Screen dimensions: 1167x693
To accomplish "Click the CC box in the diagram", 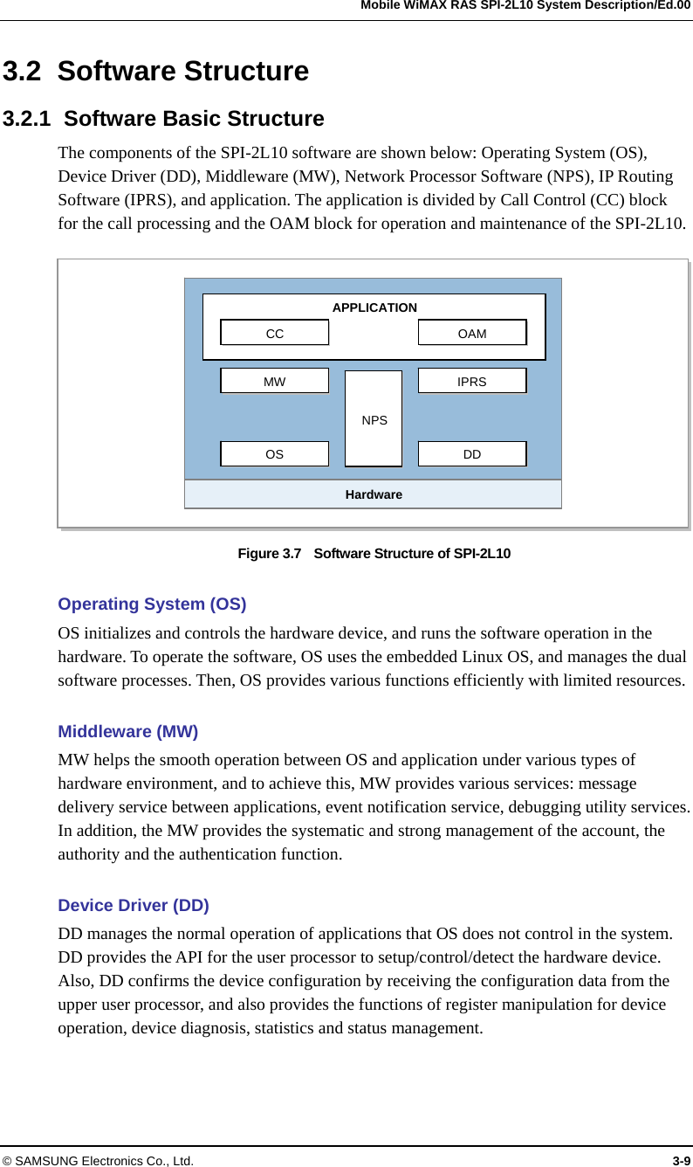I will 274,333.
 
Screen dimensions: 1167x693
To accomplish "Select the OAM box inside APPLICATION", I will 472,333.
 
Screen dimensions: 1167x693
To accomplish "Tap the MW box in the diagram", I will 274,381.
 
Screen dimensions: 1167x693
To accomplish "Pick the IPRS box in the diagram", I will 472,381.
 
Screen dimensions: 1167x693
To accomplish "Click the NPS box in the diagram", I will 374,419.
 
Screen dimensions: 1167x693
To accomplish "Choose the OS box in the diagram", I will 274,454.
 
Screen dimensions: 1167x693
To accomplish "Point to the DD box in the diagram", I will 472,454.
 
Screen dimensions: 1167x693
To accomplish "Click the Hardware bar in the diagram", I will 374,494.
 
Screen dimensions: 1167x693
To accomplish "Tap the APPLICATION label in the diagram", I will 374,307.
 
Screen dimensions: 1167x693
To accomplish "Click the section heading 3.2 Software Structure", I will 156,71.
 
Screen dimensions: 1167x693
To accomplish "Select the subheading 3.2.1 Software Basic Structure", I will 163,118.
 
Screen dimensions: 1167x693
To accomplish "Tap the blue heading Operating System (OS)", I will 152,604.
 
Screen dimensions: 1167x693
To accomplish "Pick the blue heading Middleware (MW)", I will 127,731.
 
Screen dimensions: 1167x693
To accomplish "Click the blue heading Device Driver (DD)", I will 134,905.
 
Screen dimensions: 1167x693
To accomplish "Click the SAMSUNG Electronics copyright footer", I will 98,1160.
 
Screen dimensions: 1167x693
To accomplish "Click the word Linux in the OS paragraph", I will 508,657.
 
